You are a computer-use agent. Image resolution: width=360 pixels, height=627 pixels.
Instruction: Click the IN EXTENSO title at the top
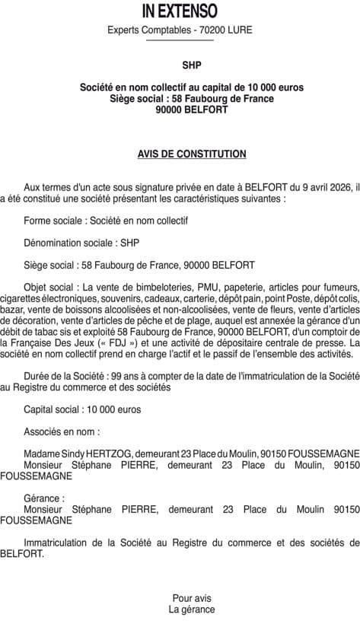180,11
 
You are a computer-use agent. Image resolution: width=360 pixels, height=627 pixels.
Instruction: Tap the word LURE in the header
239,30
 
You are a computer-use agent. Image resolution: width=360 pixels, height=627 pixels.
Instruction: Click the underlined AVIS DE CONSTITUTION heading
192,154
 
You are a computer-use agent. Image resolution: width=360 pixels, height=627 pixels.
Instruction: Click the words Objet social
50,288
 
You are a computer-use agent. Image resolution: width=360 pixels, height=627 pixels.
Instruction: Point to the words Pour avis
192,599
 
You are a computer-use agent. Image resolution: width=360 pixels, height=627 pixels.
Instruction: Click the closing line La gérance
192,609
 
